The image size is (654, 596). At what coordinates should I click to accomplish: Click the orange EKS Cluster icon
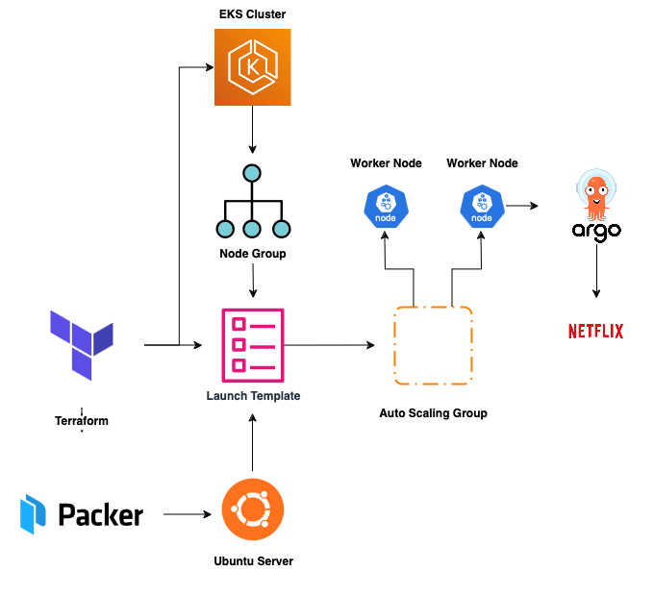[252, 67]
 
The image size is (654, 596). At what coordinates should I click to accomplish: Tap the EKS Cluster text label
[252, 14]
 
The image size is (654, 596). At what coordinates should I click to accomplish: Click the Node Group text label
[252, 254]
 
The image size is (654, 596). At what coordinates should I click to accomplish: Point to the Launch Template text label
[253, 396]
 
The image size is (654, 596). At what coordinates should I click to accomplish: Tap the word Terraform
[82, 421]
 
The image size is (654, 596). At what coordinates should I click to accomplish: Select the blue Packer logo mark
[34, 514]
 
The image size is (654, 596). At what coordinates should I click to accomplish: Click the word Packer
[101, 515]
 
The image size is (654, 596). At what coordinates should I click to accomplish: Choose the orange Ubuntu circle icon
[252, 509]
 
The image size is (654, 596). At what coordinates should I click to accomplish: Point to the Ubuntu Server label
[253, 560]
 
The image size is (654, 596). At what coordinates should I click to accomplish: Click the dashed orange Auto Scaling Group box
[434, 344]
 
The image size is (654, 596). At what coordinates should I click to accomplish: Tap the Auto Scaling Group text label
[433, 413]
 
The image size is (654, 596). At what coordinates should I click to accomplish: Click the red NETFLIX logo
[596, 332]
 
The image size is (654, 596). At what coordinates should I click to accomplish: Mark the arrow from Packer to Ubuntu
[188, 515]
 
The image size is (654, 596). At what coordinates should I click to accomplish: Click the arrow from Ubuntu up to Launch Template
[252, 442]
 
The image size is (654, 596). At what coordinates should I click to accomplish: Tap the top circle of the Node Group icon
[252, 174]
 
